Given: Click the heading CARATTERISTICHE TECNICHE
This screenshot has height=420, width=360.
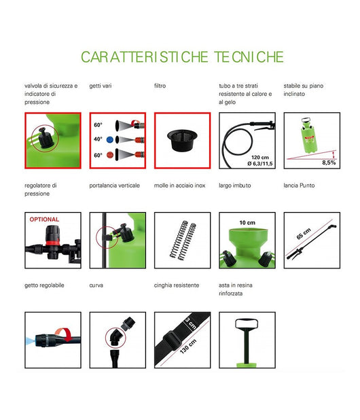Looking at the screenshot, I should pos(182,57).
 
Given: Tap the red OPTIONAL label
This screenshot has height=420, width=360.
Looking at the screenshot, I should pos(43,220).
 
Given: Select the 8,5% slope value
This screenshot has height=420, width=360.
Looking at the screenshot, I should pos(329,162).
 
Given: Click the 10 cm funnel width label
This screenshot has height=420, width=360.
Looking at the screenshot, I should pos(246,222).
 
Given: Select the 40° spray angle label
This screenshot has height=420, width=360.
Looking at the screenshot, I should pos(98,139).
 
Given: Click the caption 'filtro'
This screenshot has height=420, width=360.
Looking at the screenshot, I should pos(160,86).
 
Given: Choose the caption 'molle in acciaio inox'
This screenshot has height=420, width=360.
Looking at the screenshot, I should pos(179,185).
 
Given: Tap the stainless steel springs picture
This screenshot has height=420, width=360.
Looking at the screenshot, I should pos(182,239).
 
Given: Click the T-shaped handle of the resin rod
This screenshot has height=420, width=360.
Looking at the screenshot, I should pos(247,323).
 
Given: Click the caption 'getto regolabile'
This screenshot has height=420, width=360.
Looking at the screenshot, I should pos(44,285).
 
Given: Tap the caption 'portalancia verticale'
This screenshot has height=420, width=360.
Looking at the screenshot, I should pos(115,185).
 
